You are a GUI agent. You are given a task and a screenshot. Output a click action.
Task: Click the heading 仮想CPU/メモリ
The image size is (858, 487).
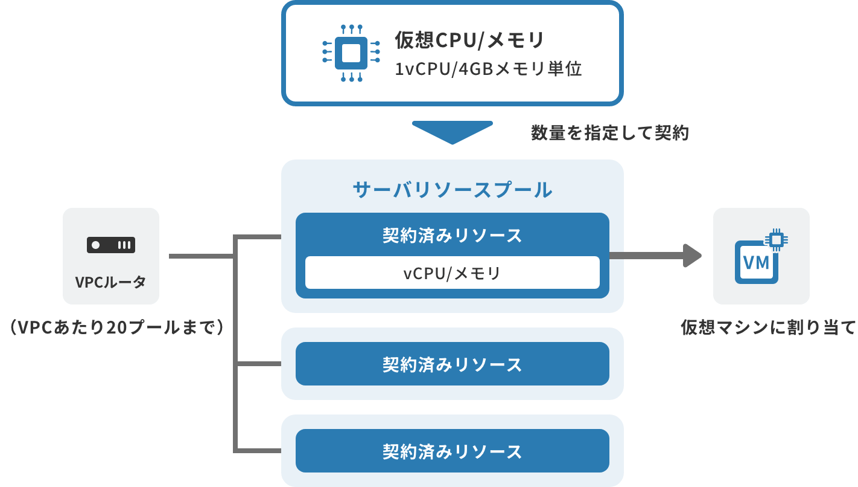tap(469, 40)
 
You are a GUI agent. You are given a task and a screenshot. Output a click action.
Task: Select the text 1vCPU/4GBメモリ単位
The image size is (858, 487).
tap(488, 69)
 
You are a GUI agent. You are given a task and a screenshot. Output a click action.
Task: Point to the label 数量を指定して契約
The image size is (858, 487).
tap(609, 133)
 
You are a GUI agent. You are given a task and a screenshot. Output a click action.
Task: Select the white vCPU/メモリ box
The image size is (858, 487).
tap(452, 273)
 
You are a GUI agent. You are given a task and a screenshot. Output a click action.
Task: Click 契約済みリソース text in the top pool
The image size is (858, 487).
tap(452, 236)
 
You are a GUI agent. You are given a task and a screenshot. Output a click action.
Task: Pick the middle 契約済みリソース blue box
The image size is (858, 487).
tap(452, 364)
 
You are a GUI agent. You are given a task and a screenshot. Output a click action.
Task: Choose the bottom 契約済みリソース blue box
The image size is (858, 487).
tap(452, 451)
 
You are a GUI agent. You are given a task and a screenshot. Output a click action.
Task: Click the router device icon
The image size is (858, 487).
tap(111, 245)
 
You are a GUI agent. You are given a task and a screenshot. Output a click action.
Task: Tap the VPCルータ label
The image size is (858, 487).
tap(111, 282)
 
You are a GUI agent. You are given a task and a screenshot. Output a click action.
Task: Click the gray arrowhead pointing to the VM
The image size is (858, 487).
tap(693, 256)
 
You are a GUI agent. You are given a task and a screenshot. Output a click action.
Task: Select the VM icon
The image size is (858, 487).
tap(757, 262)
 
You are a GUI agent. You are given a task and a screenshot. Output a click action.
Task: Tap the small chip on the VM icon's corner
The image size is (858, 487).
tap(777, 240)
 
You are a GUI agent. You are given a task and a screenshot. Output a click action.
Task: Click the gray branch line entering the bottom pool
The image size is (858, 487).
tap(259, 451)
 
